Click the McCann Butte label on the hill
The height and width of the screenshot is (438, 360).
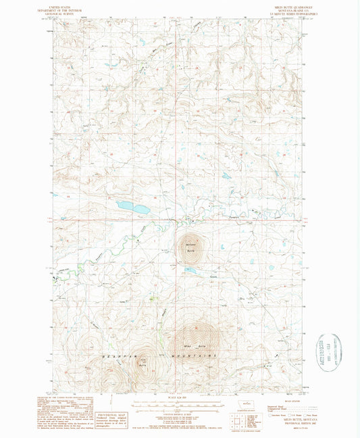coord(188,247)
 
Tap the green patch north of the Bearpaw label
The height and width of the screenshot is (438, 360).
coord(151,298)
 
